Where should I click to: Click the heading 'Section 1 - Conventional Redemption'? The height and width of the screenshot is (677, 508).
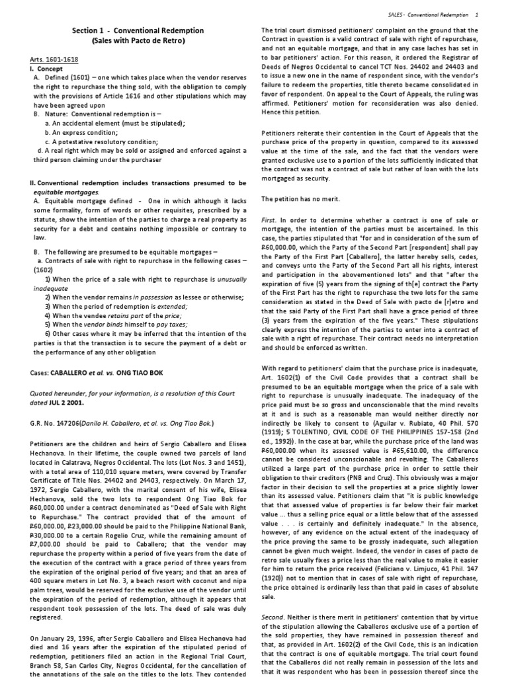138,30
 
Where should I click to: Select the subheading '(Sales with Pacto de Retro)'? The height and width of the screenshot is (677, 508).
138,40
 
